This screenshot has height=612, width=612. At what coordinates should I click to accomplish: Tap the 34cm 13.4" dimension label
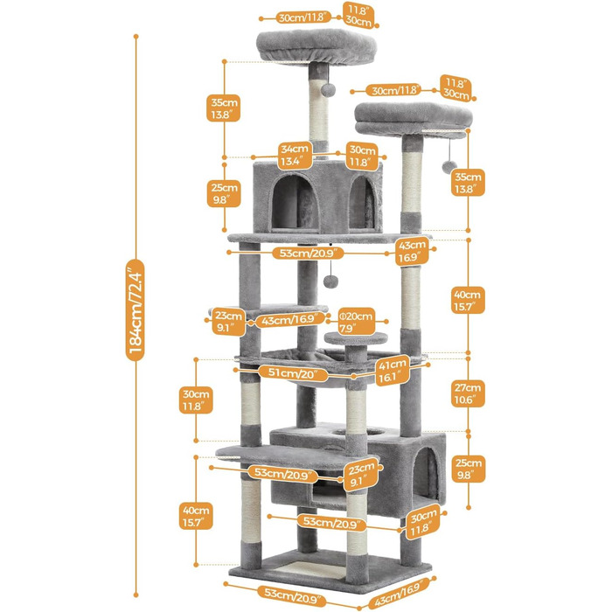pyautogui.click(x=294, y=156)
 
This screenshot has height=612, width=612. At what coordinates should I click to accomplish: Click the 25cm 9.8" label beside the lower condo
pyautogui.click(x=468, y=468)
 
